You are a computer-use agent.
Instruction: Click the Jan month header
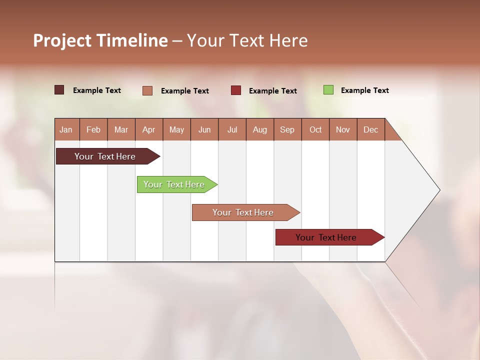click(x=66, y=129)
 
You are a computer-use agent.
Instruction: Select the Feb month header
click(x=93, y=129)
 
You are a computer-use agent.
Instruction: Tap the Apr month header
click(x=149, y=129)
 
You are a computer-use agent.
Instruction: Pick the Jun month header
click(x=204, y=129)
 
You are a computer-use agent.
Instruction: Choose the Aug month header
click(x=260, y=129)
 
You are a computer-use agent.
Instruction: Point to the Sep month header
click(x=287, y=129)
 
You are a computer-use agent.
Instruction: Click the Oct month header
click(x=315, y=129)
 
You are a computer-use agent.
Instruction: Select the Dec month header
click(x=371, y=129)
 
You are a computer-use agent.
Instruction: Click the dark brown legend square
click(x=59, y=90)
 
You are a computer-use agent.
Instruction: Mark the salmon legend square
click(x=147, y=90)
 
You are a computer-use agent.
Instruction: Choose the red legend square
click(x=236, y=90)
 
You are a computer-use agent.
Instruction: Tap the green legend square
click(x=328, y=90)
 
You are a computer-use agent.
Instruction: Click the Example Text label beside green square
click(x=364, y=90)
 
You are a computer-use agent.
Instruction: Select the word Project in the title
click(x=62, y=40)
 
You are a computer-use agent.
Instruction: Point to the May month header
click(x=176, y=129)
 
